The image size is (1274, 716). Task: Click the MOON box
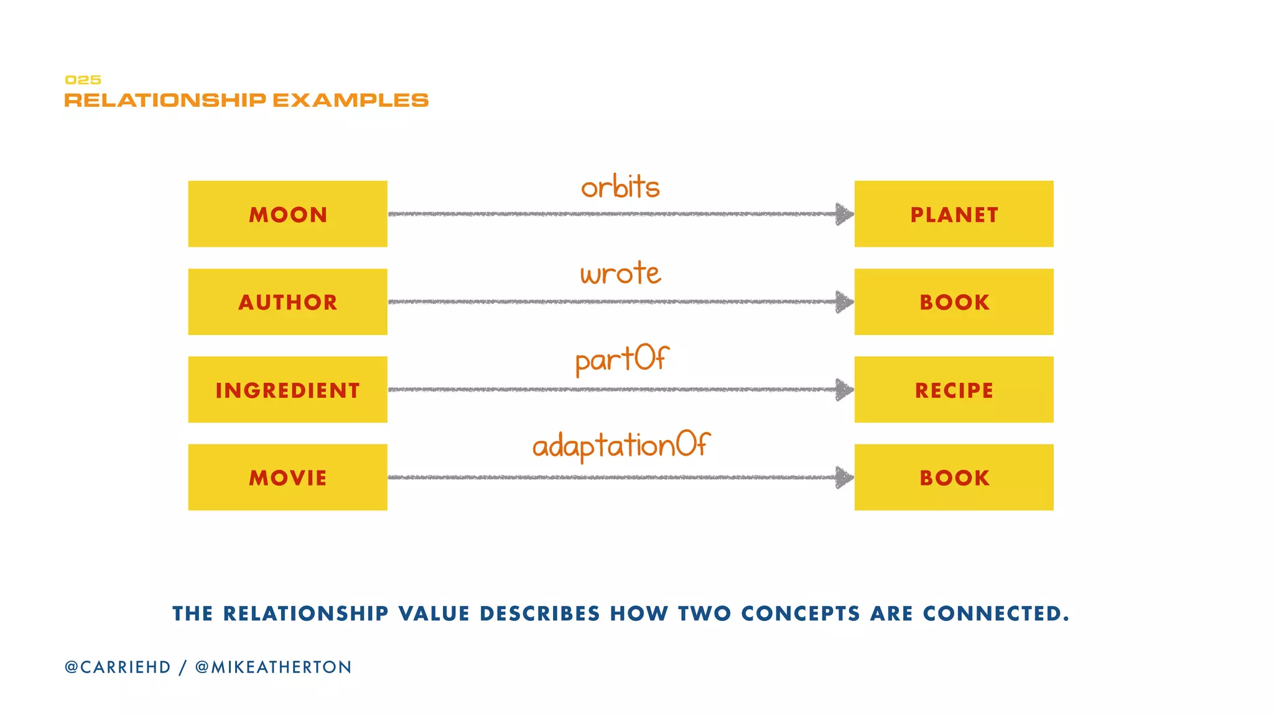pyautogui.click(x=287, y=214)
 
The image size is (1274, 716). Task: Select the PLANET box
pyautogui.click(x=954, y=214)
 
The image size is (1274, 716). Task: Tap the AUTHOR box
pyautogui.click(x=287, y=302)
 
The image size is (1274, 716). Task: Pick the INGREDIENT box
pyautogui.click(x=287, y=390)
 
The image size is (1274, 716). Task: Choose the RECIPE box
pyautogui.click(x=954, y=390)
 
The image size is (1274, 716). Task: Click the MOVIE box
pyautogui.click(x=287, y=477)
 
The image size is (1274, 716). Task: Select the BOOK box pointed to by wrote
pyautogui.click(x=954, y=302)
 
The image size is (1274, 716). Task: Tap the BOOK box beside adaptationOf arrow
pyautogui.click(x=954, y=477)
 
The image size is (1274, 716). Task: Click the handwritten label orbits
pyautogui.click(x=620, y=187)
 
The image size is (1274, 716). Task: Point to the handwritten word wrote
pyautogui.click(x=620, y=273)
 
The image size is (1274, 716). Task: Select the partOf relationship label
pyautogui.click(x=621, y=360)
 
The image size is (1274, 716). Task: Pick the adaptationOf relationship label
pyautogui.click(x=621, y=446)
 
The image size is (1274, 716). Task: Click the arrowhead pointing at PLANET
pyautogui.click(x=844, y=214)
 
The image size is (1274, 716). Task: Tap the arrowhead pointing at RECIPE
pyautogui.click(x=844, y=390)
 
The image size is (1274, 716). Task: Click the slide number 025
pyautogui.click(x=83, y=80)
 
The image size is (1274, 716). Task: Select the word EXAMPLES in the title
pyautogui.click(x=350, y=101)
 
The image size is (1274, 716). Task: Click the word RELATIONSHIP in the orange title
pyautogui.click(x=165, y=101)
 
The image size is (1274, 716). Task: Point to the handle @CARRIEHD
pyautogui.click(x=118, y=667)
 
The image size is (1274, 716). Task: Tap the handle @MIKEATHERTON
pyautogui.click(x=273, y=667)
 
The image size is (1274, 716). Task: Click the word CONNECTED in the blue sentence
pyautogui.click(x=995, y=613)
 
